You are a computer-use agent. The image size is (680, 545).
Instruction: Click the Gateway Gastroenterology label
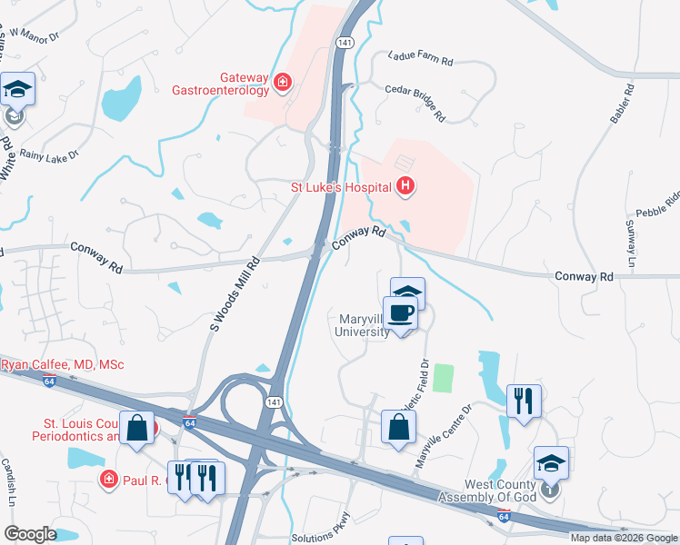click(221, 83)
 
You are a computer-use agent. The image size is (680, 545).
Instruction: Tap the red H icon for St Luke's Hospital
click(406, 187)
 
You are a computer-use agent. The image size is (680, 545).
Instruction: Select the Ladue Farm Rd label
click(420, 56)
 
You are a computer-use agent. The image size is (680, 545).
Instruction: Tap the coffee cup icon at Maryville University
click(401, 312)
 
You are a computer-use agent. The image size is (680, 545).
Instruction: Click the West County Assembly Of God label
click(490, 490)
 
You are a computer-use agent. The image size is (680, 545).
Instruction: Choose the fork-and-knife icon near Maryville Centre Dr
click(524, 400)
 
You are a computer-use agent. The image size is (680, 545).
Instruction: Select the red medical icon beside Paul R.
click(108, 479)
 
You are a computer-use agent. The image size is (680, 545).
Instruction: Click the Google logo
click(30, 534)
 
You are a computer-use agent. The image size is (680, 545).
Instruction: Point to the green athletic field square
click(443, 377)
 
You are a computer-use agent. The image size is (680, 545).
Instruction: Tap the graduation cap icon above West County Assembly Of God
click(551, 462)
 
